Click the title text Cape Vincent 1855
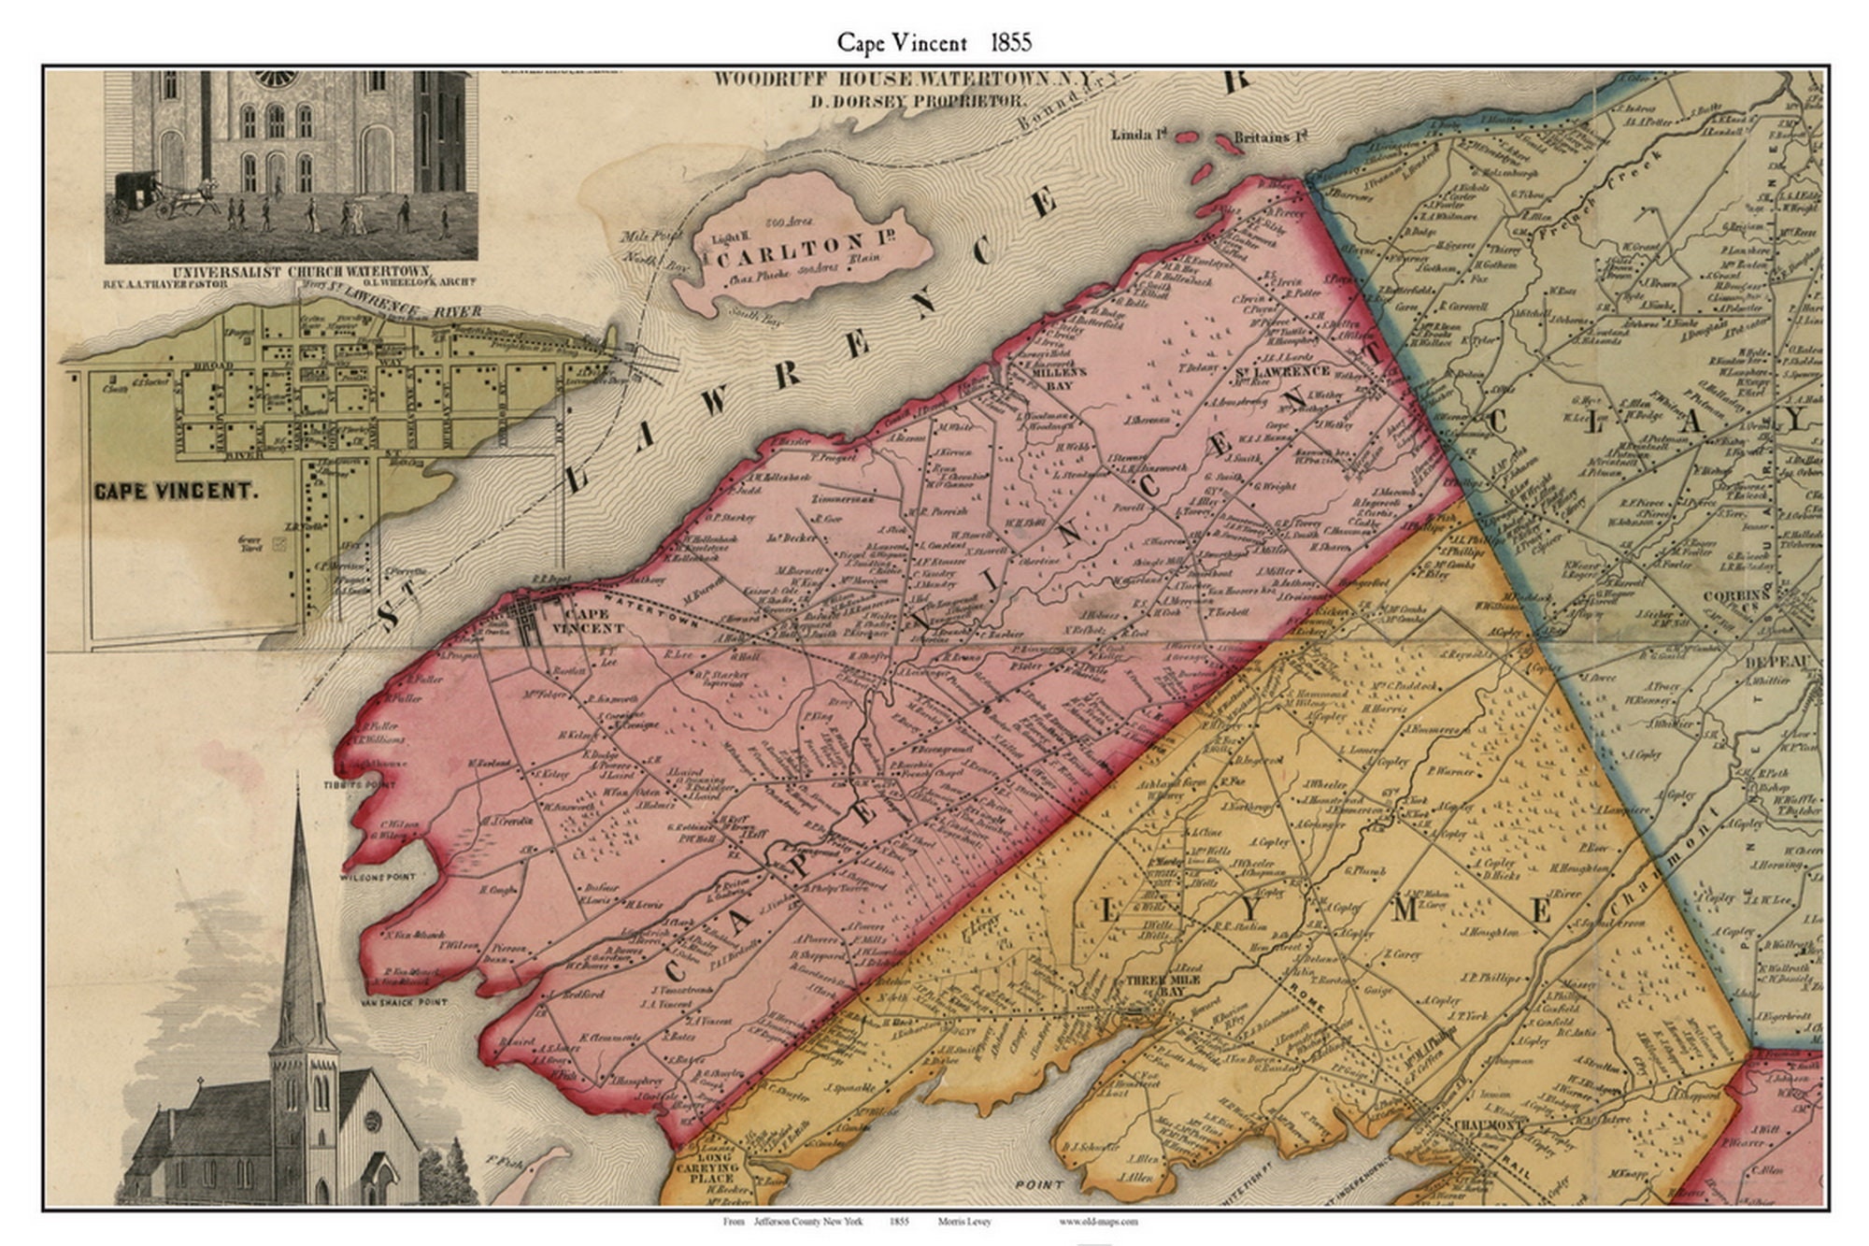point(934,43)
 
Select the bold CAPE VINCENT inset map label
point(174,491)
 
